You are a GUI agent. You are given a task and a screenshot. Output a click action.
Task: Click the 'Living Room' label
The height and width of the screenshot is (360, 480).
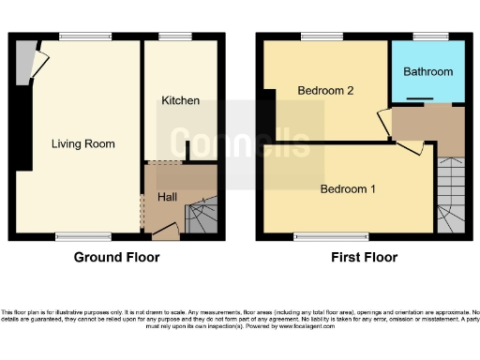pyautogui.click(x=83, y=143)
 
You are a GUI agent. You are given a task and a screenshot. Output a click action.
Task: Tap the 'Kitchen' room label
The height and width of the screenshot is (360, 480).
pyautogui.click(x=179, y=100)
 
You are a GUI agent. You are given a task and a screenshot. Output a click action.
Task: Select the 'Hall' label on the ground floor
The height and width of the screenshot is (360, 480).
pyautogui.click(x=167, y=197)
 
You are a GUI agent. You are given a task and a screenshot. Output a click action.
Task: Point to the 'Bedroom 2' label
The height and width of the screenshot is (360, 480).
pyautogui.click(x=325, y=91)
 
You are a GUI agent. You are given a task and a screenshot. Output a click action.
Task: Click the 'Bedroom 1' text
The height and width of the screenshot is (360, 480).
pyautogui.click(x=348, y=188)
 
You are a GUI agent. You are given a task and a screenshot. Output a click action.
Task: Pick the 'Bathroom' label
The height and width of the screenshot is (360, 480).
pyautogui.click(x=427, y=71)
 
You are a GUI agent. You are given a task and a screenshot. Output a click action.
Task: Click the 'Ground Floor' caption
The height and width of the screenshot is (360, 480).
pyautogui.click(x=116, y=257)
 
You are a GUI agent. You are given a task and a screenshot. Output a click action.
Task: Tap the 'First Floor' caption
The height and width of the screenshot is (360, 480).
pyautogui.click(x=366, y=257)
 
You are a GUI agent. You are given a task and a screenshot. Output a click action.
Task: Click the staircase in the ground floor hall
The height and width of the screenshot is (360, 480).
pyautogui.click(x=202, y=217)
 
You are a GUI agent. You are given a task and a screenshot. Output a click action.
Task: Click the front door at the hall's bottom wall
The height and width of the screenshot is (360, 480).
pyautogui.click(x=165, y=230)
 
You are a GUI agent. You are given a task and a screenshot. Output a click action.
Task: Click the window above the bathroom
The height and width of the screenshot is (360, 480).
pyautogui.click(x=427, y=37)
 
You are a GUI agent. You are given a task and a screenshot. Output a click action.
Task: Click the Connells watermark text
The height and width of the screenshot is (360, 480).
pyautogui.click(x=240, y=142)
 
